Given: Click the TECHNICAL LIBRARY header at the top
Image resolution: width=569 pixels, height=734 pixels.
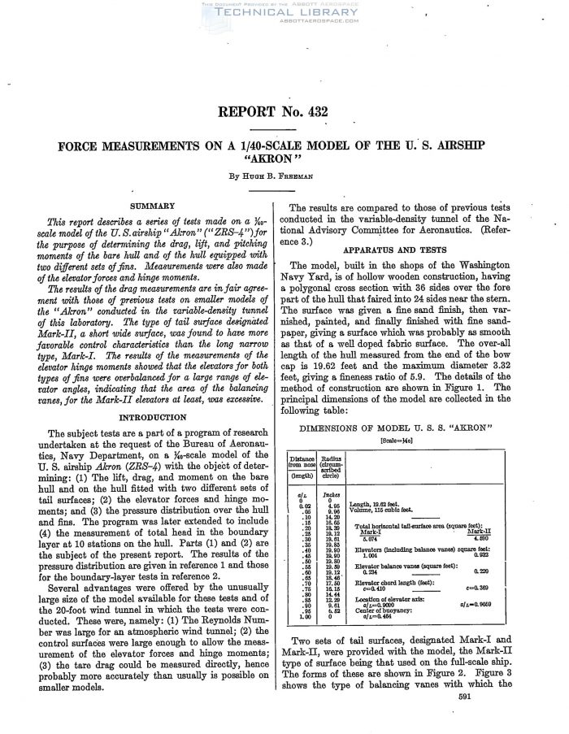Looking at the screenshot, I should tap(284, 12).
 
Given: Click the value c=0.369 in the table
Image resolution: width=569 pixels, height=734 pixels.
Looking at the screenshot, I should tap(480, 586).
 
